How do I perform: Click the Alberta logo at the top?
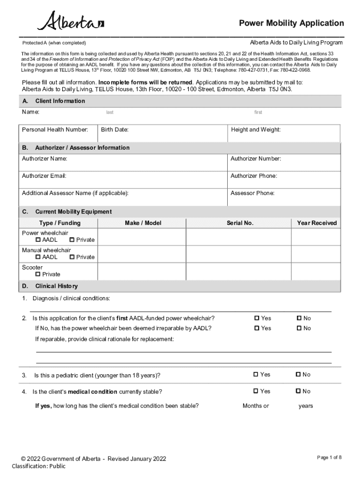click(x=71, y=22)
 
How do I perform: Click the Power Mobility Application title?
click(x=291, y=23)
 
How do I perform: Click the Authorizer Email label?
click(x=44, y=176)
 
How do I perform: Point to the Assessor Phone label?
click(x=252, y=193)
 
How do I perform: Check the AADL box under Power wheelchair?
click(x=38, y=240)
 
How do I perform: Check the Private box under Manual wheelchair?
click(x=72, y=257)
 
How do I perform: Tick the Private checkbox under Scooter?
click(x=38, y=274)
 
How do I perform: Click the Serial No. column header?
click(x=240, y=223)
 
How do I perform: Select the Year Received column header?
click(x=317, y=223)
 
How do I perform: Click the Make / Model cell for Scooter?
click(x=143, y=271)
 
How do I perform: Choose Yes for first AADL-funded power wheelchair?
click(x=257, y=318)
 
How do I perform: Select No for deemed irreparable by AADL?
click(x=299, y=328)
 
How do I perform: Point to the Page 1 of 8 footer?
click(x=329, y=457)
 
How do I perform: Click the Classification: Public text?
click(x=39, y=466)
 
